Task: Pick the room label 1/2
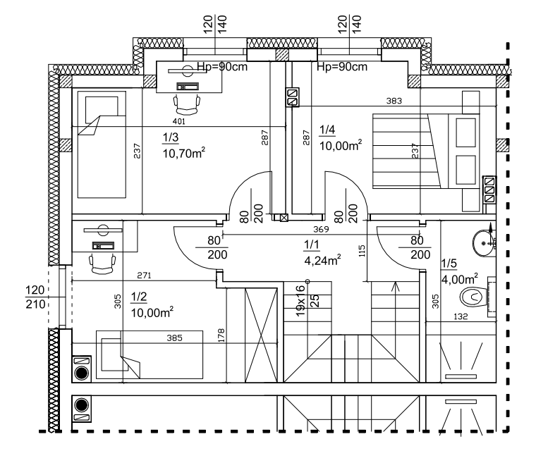139,298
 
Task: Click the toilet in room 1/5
470,298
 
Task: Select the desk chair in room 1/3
186,104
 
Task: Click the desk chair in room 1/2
102,263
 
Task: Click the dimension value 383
394,101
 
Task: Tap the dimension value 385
174,338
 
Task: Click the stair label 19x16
300,302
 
